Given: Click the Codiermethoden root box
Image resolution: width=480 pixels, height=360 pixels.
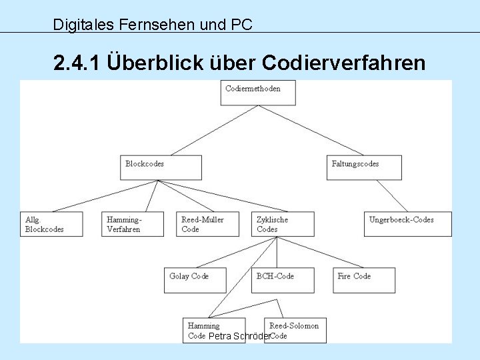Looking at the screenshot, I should (257, 93).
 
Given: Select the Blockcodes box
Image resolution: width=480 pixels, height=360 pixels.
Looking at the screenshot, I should (161, 167).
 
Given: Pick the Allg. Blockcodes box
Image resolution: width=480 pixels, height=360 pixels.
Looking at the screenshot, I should (51, 224).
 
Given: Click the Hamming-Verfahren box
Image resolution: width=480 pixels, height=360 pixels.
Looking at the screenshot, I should (133, 224).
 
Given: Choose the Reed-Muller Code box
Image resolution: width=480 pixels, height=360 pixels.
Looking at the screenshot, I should (209, 224).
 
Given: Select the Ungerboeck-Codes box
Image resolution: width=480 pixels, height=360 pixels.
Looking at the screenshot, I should (409, 224).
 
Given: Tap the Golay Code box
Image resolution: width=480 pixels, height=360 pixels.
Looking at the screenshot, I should (195, 280).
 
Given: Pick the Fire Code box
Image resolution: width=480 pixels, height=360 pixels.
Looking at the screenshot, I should (364, 280).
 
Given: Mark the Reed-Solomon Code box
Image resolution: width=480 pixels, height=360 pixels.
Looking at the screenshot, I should (295, 330).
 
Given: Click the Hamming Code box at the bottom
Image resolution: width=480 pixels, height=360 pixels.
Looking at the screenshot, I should (209, 330).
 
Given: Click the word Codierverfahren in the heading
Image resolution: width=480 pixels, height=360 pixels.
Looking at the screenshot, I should (344, 63).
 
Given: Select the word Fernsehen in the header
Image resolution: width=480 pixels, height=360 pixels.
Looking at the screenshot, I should (150, 25).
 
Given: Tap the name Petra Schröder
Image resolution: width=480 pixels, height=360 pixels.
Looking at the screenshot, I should (239, 337).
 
